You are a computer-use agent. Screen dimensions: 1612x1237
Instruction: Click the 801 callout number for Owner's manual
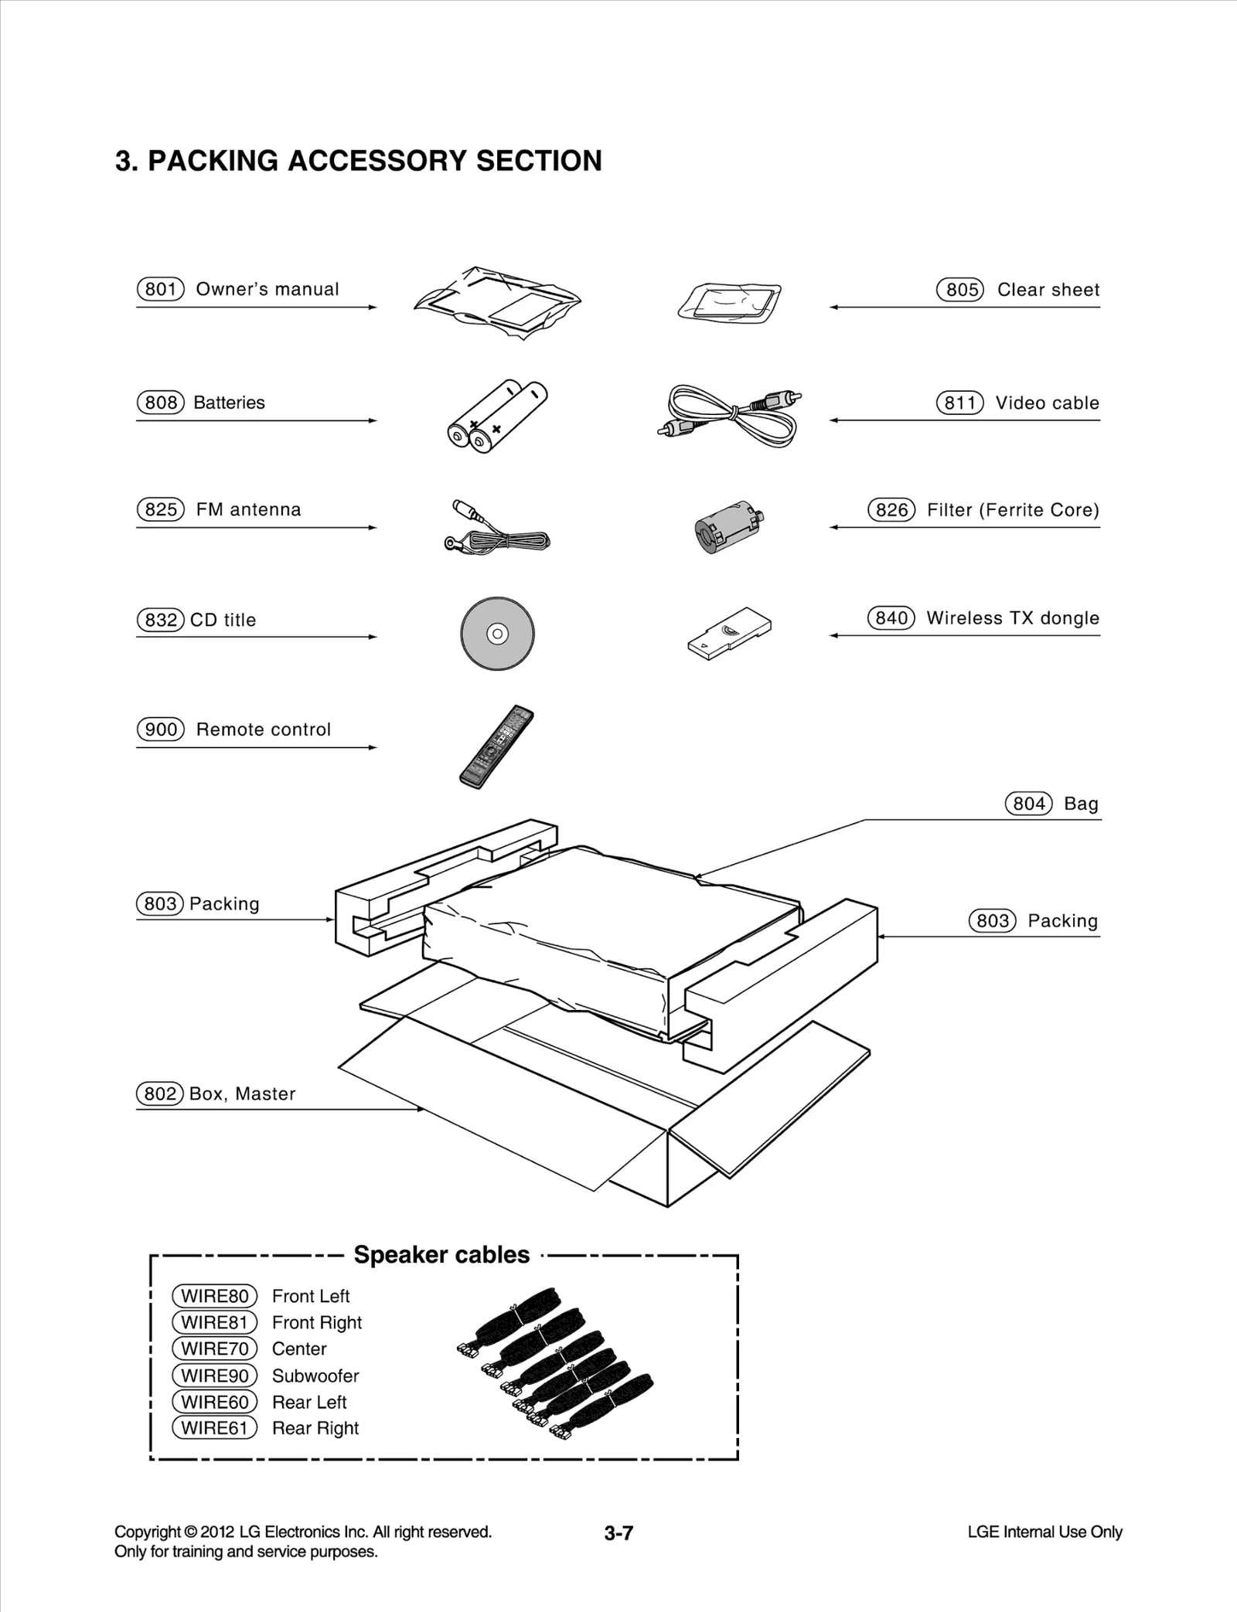pyautogui.click(x=161, y=289)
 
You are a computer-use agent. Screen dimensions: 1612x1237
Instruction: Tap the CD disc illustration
pyautogui.click(x=497, y=634)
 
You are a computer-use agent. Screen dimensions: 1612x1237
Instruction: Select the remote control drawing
pyautogui.click(x=496, y=746)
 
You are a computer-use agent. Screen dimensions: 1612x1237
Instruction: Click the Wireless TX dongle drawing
pyautogui.click(x=730, y=632)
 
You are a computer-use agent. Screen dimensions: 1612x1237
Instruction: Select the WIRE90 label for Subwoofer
pyautogui.click(x=214, y=1376)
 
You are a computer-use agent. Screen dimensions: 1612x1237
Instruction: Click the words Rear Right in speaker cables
pyautogui.click(x=315, y=1428)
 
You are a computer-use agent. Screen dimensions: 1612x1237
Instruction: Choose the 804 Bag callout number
pyautogui.click(x=1029, y=804)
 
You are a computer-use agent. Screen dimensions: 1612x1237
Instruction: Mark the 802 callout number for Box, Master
pyautogui.click(x=160, y=1093)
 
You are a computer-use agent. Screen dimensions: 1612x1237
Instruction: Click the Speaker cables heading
pyautogui.click(x=441, y=1255)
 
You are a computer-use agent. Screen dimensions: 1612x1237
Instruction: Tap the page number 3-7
pyautogui.click(x=618, y=1533)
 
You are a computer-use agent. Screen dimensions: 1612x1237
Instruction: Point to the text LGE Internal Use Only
pyautogui.click(x=1044, y=1532)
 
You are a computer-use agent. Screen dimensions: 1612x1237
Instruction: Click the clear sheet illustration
pyautogui.click(x=729, y=302)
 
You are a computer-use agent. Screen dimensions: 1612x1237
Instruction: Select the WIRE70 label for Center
pyautogui.click(x=214, y=1348)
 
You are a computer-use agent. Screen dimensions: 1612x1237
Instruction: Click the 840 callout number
pyautogui.click(x=891, y=618)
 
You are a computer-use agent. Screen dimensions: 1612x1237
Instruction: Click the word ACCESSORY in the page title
pyautogui.click(x=377, y=161)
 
